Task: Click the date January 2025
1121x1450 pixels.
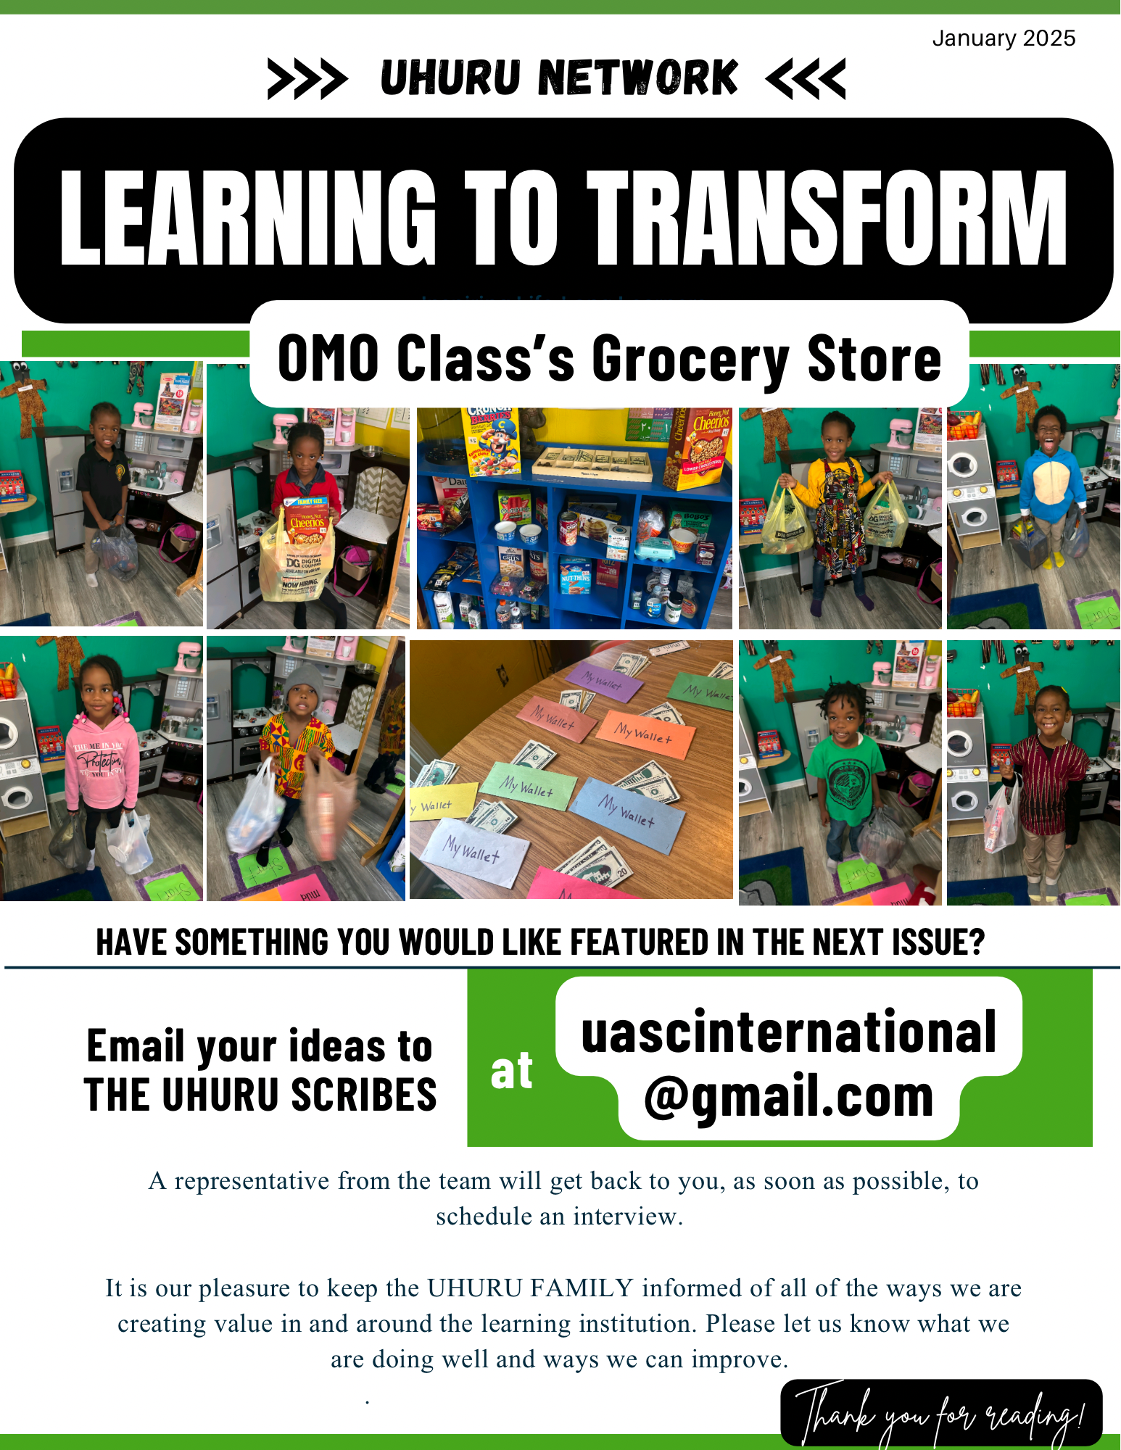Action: click(x=1003, y=38)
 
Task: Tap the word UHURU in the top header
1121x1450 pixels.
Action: click(x=450, y=78)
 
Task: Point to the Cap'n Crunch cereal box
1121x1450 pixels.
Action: click(x=491, y=442)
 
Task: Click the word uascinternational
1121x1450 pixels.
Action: click(x=788, y=1032)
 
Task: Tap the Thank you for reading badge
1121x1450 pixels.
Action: click(x=940, y=1413)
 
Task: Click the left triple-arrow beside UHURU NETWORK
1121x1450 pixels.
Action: click(x=307, y=78)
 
